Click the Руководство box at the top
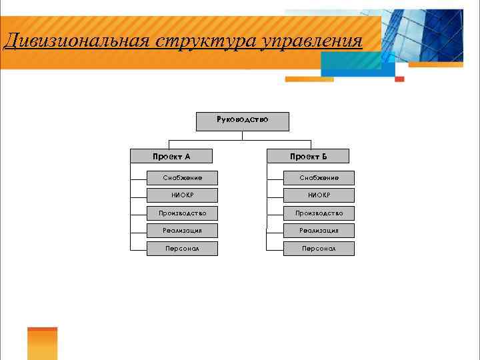tap(243, 121)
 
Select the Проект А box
tap(171, 157)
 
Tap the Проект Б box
tap(308, 157)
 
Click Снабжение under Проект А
tap(182, 178)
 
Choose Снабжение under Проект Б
tap(319, 178)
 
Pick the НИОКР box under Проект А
tap(182, 195)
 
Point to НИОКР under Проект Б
tap(319, 195)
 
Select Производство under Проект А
tap(182, 213)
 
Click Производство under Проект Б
tap(319, 213)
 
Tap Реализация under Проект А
tap(182, 231)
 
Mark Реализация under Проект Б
tap(319, 231)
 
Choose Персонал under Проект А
tap(182, 249)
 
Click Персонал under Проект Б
tap(319, 249)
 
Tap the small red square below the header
tap(399, 79)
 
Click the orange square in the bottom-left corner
tap(42, 344)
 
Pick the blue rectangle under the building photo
tap(353, 64)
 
